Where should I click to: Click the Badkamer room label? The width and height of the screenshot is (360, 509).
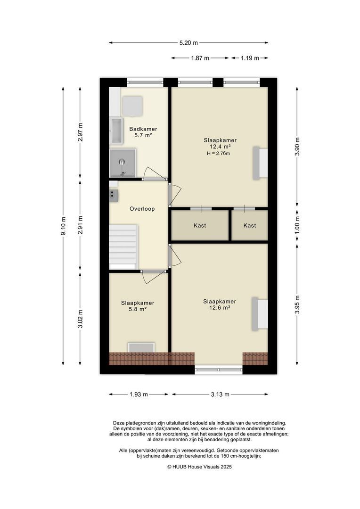click(x=143, y=129)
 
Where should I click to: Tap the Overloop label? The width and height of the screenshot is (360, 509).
click(x=142, y=209)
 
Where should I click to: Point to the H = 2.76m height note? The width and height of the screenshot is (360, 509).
click(x=218, y=154)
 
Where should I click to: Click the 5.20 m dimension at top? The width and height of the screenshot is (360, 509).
click(x=188, y=42)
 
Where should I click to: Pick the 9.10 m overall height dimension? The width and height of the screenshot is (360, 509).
click(x=63, y=226)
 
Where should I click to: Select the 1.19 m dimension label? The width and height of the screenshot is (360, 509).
click(x=250, y=58)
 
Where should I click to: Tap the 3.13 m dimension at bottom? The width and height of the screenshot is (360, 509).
click(x=220, y=394)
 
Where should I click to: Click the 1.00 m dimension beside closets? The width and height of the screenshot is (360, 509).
click(x=297, y=225)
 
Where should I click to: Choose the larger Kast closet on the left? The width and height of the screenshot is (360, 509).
click(x=200, y=226)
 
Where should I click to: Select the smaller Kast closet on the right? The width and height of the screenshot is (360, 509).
click(x=250, y=226)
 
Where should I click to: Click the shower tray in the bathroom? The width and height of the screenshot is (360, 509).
click(x=123, y=163)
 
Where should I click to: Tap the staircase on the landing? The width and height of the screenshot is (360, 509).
click(x=123, y=246)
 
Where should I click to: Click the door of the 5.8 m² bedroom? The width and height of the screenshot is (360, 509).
click(x=154, y=277)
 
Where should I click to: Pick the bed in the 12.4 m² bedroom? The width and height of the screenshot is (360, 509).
click(x=261, y=163)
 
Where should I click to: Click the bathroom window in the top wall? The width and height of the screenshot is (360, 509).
click(x=145, y=82)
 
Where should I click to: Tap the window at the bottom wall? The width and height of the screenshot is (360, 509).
click(x=219, y=369)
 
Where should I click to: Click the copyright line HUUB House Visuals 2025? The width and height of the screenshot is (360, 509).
click(x=200, y=467)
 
